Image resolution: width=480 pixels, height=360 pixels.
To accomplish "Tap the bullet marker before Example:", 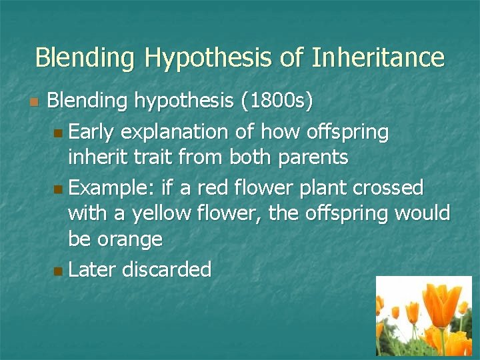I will point(60,189).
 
